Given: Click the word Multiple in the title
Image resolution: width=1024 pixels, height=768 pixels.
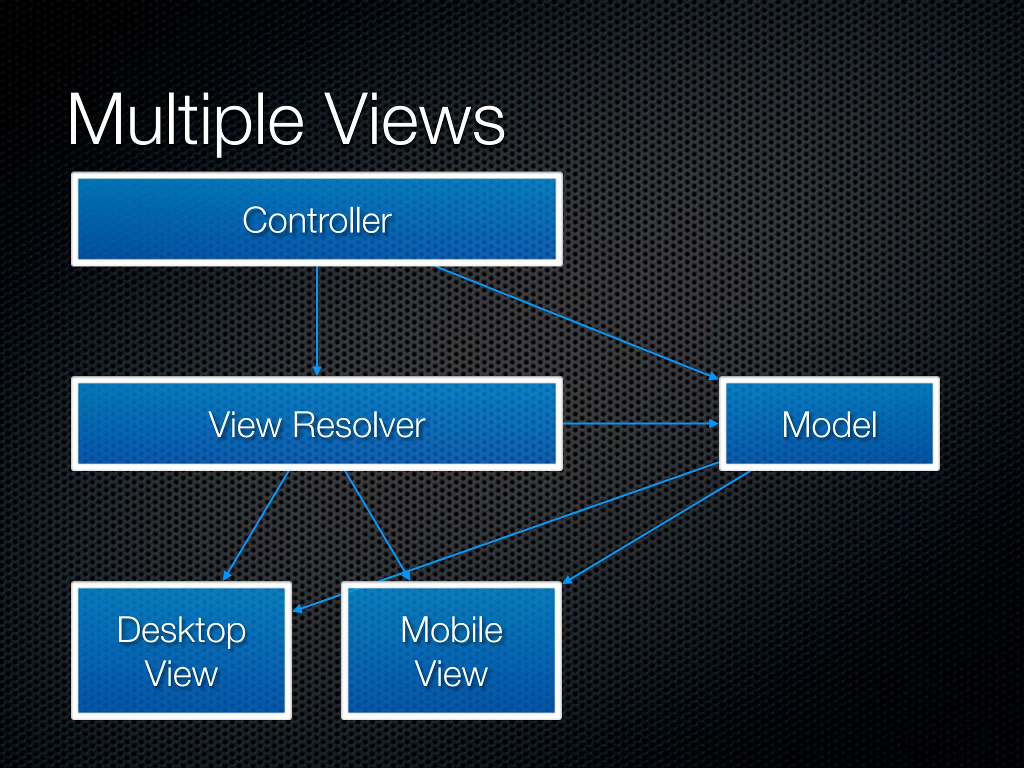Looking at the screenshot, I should click(185, 121).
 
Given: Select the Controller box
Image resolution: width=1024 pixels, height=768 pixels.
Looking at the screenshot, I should click(316, 219).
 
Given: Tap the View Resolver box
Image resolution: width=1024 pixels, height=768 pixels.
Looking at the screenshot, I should click(316, 424).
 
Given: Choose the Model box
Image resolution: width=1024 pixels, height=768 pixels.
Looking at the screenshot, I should click(829, 424).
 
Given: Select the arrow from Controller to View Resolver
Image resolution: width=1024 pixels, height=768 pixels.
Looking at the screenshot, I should click(316, 320).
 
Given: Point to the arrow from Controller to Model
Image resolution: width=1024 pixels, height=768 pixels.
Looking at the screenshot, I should click(575, 322).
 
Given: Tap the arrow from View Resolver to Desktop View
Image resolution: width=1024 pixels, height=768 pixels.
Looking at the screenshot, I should click(256, 525).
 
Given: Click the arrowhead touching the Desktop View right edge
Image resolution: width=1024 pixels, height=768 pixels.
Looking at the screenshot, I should click(298, 609).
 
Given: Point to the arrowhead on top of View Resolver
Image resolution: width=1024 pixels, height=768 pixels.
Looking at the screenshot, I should click(316, 370).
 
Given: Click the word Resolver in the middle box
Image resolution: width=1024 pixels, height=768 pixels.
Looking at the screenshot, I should click(358, 425).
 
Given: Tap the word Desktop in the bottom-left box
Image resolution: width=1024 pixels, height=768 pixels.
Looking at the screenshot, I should click(181, 630).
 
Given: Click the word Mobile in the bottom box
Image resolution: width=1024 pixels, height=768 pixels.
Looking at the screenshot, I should click(451, 630).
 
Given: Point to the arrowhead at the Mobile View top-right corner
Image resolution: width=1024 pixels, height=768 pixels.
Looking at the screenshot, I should click(568, 580).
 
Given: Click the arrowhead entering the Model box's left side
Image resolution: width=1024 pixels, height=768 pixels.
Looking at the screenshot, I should click(713, 423).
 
